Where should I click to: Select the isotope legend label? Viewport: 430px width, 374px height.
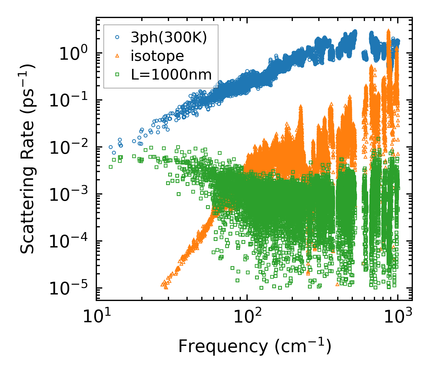click(157, 56)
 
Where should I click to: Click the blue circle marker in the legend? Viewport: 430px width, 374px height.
click(117, 38)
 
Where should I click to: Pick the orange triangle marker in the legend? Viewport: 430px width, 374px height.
click(117, 56)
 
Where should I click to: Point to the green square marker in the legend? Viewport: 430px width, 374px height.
click(117, 75)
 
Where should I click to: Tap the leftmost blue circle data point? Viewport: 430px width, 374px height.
click(111, 147)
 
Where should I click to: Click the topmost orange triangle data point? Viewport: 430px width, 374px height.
click(389, 30)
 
